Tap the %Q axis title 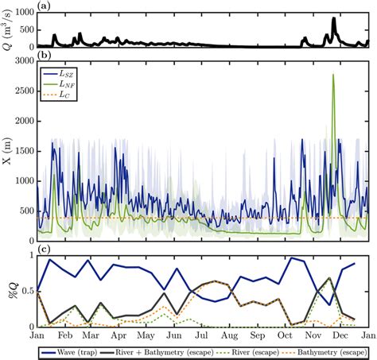point(7,291)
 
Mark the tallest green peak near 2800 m point(333,75)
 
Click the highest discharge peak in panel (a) point(333,18)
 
